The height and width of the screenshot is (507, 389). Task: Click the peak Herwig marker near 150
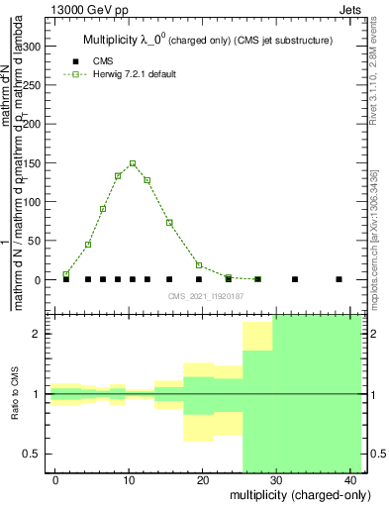coord(133,163)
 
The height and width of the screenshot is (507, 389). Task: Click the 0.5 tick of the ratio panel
coord(33,454)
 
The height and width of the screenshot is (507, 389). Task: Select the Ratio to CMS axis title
coord(14,394)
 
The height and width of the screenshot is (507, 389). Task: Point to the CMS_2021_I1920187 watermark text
coord(204,296)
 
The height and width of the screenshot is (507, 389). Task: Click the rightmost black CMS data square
coord(339,279)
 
